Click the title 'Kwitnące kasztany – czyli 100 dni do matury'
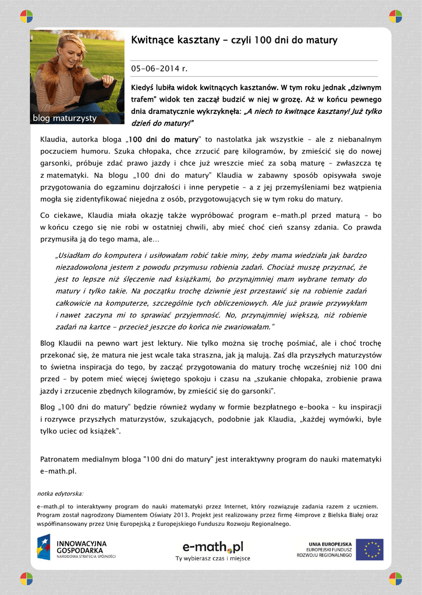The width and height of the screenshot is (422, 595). pyautogui.click(x=234, y=40)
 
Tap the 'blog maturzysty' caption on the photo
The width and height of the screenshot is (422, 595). pyautogui.click(x=64, y=119)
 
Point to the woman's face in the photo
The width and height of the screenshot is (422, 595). pyautogui.click(x=72, y=54)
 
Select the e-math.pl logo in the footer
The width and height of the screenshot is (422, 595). pyautogui.click(x=212, y=546)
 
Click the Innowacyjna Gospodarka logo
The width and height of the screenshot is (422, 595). pyautogui.click(x=76, y=547)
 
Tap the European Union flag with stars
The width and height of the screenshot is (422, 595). pyautogui.click(x=370, y=549)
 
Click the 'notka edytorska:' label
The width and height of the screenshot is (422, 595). pyautogui.click(x=60, y=493)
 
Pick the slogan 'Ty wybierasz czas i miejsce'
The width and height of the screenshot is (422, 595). pyautogui.click(x=212, y=558)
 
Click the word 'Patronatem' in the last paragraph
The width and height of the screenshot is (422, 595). pyautogui.click(x=61, y=459)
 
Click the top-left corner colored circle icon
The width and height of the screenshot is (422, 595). pyautogui.click(x=26, y=16)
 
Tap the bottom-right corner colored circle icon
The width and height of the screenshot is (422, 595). pyautogui.click(x=395, y=578)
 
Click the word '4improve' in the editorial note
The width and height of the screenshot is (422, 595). pyautogui.click(x=308, y=515)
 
